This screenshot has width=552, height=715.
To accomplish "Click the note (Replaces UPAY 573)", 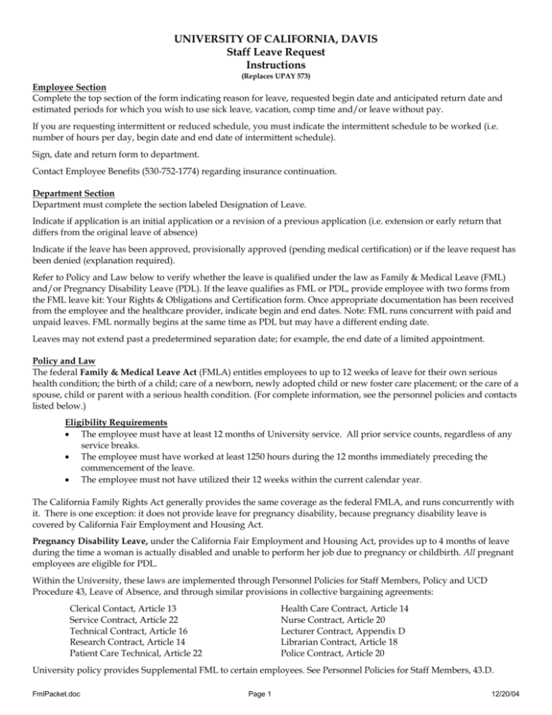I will [x=276, y=76].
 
